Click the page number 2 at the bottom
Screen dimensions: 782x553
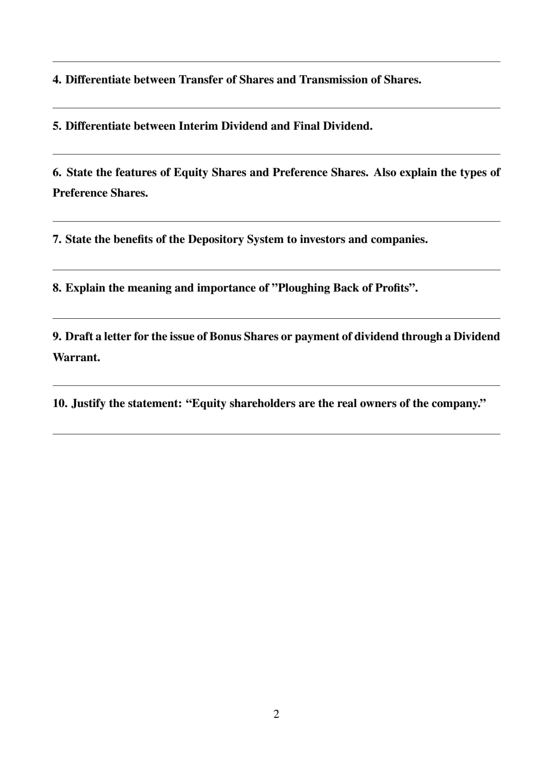(x=276, y=714)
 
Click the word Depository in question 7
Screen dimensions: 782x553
(x=216, y=239)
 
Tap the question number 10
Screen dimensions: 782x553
(x=60, y=403)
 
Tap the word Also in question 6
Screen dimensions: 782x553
(x=384, y=173)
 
